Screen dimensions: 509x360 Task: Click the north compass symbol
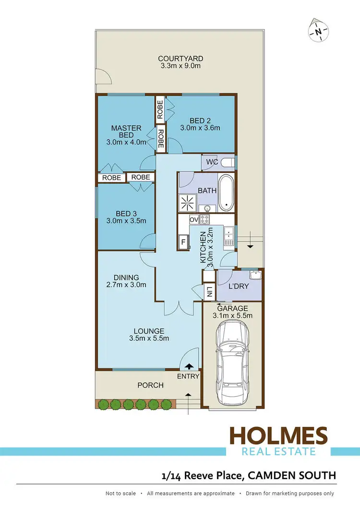pyautogui.click(x=318, y=32)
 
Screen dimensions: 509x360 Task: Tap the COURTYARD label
pyautogui.click(x=177, y=59)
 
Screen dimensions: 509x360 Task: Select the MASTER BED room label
pyautogui.click(x=126, y=132)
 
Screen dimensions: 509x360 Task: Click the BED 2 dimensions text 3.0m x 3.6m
pyautogui.click(x=200, y=128)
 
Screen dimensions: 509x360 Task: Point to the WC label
pyautogui.click(x=212, y=162)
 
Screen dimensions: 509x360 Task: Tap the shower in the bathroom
pyautogui.click(x=188, y=203)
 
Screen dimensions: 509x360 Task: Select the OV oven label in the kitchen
pyautogui.click(x=194, y=219)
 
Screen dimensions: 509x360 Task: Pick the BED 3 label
pyautogui.click(x=126, y=213)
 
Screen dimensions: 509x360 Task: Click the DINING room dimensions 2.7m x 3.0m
pyautogui.click(x=126, y=285)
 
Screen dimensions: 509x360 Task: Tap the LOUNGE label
pyautogui.click(x=149, y=331)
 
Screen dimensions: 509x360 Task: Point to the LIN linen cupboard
pyautogui.click(x=209, y=291)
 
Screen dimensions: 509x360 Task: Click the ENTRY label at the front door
pyautogui.click(x=188, y=376)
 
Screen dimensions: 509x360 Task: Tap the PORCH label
pyautogui.click(x=150, y=385)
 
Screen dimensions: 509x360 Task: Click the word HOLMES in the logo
pyautogui.click(x=278, y=436)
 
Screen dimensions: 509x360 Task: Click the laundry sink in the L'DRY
pyautogui.click(x=255, y=276)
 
